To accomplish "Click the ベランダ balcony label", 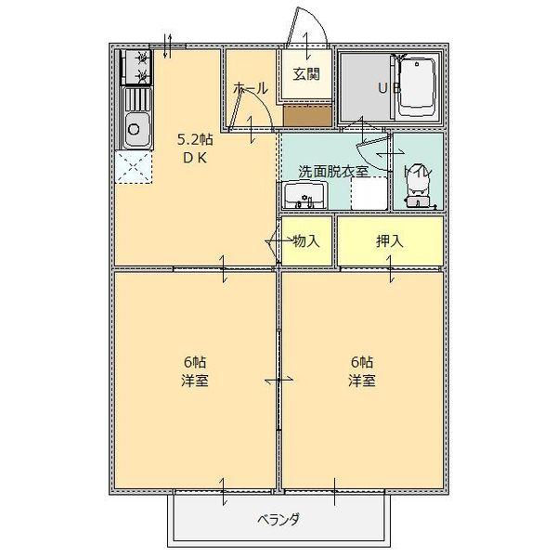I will click(x=278, y=519).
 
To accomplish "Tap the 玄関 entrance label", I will click(x=307, y=74).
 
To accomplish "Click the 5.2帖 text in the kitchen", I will click(x=195, y=140).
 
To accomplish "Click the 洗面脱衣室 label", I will click(x=333, y=171).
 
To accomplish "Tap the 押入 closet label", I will click(x=389, y=240).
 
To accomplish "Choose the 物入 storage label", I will click(x=306, y=240).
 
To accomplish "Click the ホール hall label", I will click(x=251, y=89).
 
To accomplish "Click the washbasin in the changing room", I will click(x=304, y=195).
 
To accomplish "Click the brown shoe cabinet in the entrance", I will click(x=307, y=115).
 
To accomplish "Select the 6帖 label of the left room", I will click(x=194, y=362).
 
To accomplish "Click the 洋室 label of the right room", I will click(x=362, y=381).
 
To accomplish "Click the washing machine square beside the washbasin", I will click(x=368, y=193).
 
